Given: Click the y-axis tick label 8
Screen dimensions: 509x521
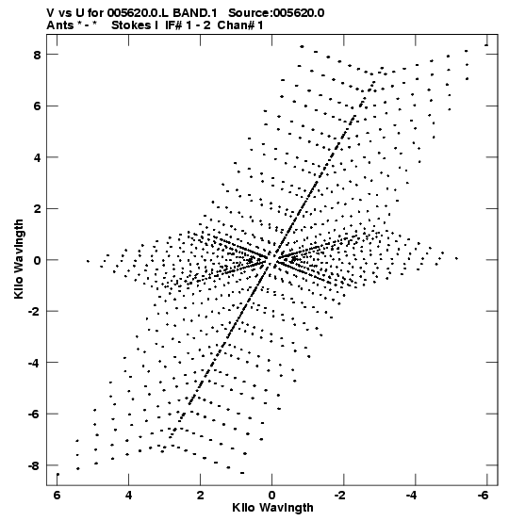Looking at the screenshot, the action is [37, 55].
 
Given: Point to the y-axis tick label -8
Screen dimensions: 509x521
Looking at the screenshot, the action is [35, 465].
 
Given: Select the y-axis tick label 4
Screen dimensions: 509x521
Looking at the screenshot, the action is [37, 158].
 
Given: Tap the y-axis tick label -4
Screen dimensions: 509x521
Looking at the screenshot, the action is [35, 363].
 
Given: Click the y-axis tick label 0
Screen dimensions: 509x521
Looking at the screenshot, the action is [37, 260].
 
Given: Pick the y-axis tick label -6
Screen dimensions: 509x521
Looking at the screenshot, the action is [35, 415].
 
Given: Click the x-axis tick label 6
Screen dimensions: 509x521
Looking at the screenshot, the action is [57, 496].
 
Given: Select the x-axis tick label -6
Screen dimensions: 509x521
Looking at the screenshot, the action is [484, 496].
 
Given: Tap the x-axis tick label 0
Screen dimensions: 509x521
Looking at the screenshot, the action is [272, 496].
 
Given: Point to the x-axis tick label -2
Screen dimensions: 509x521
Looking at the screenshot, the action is [341, 496].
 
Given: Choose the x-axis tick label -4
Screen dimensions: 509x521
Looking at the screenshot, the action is [413, 496].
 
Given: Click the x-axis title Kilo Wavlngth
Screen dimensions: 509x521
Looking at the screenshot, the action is [272, 508].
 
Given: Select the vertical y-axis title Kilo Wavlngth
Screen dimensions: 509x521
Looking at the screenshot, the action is [19, 259].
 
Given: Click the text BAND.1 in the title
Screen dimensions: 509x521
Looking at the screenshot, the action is [195, 13].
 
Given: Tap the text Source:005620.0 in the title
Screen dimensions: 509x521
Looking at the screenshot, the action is [276, 13].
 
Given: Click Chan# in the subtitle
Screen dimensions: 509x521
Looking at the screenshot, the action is [236, 25].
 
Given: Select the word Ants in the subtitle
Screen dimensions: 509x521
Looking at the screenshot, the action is [60, 25].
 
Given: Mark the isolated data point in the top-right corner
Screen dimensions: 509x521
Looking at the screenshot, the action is [486, 45].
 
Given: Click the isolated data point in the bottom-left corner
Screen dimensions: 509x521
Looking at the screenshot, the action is [57, 475].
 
